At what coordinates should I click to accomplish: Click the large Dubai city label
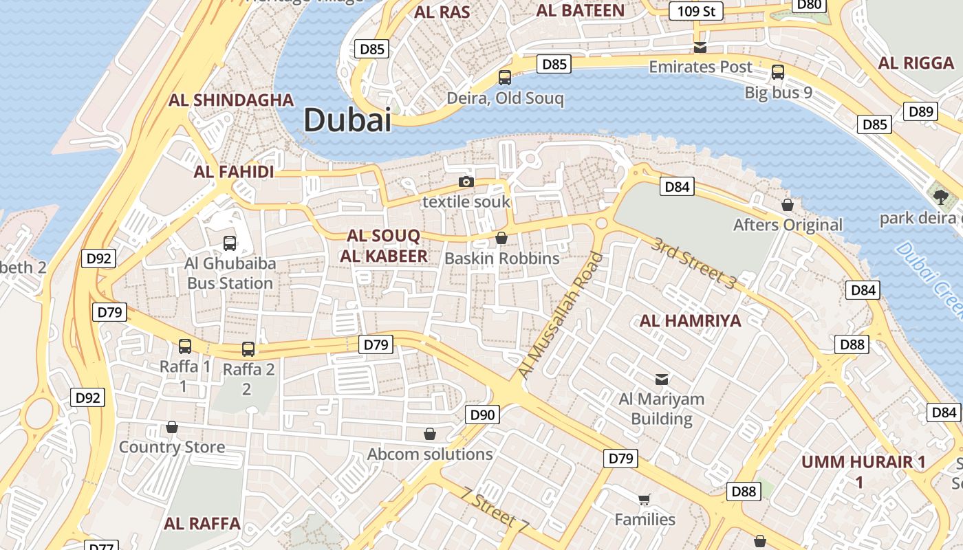347,120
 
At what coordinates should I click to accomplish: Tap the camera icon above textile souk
466,181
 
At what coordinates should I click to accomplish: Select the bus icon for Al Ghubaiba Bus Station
230,243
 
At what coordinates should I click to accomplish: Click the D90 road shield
482,415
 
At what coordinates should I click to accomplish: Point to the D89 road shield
920,112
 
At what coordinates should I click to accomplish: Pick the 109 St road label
696,11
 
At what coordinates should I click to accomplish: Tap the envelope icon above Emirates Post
700,47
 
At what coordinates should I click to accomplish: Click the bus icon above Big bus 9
778,71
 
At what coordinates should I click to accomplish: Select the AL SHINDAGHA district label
231,100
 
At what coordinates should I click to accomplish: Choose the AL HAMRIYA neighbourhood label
691,320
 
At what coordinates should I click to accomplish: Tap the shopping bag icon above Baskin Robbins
501,238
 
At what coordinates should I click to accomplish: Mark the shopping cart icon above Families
645,499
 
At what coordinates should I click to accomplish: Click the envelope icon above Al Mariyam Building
662,379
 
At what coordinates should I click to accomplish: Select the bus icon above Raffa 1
185,346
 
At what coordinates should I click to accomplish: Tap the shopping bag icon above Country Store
172,427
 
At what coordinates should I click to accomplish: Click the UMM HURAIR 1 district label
863,462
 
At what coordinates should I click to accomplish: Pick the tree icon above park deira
941,197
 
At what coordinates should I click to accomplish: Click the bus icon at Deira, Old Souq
505,78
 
